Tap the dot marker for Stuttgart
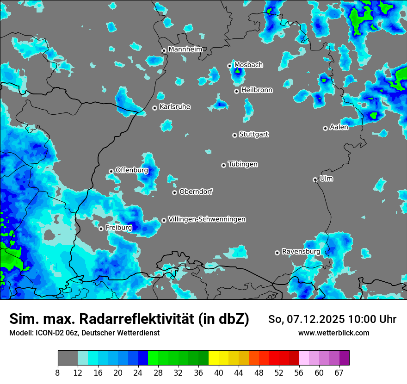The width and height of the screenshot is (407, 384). (x=234, y=135)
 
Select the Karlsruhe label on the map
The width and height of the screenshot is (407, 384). (x=175, y=107)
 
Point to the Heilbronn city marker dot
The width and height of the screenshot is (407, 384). (x=236, y=91)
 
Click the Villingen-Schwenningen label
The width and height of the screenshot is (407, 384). (x=207, y=219)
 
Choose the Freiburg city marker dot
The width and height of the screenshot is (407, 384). (x=101, y=229)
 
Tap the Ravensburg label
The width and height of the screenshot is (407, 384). (x=301, y=252)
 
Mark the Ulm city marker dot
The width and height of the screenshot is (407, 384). (x=315, y=180)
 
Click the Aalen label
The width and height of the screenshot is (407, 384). (x=339, y=127)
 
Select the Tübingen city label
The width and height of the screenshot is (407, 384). (x=243, y=164)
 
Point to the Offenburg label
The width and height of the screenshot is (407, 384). (x=132, y=170)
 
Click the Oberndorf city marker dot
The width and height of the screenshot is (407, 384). (x=174, y=192)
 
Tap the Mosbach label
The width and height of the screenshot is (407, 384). (x=248, y=65)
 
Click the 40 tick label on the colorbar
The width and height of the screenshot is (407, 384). (x=219, y=373)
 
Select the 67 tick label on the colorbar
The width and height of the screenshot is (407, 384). (x=339, y=373)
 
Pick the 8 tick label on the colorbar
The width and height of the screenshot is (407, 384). (x=58, y=373)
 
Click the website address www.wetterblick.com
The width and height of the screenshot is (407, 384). (x=333, y=333)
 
